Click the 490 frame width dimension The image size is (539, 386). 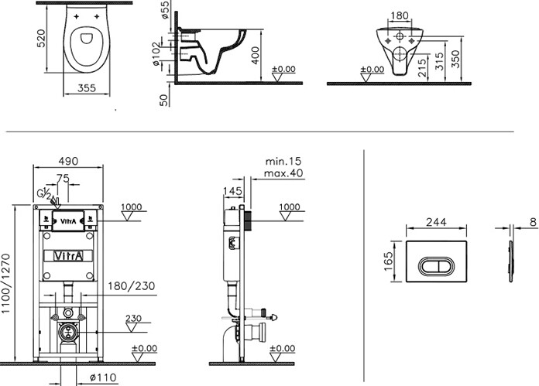click(x=70, y=161)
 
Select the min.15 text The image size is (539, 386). click(x=283, y=161)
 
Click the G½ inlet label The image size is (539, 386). click(x=45, y=193)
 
